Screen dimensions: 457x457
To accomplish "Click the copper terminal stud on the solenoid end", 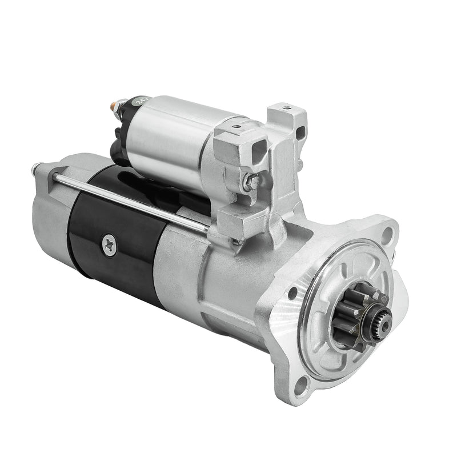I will pos(118,107).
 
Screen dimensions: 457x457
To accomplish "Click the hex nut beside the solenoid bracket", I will pos(250,182).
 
